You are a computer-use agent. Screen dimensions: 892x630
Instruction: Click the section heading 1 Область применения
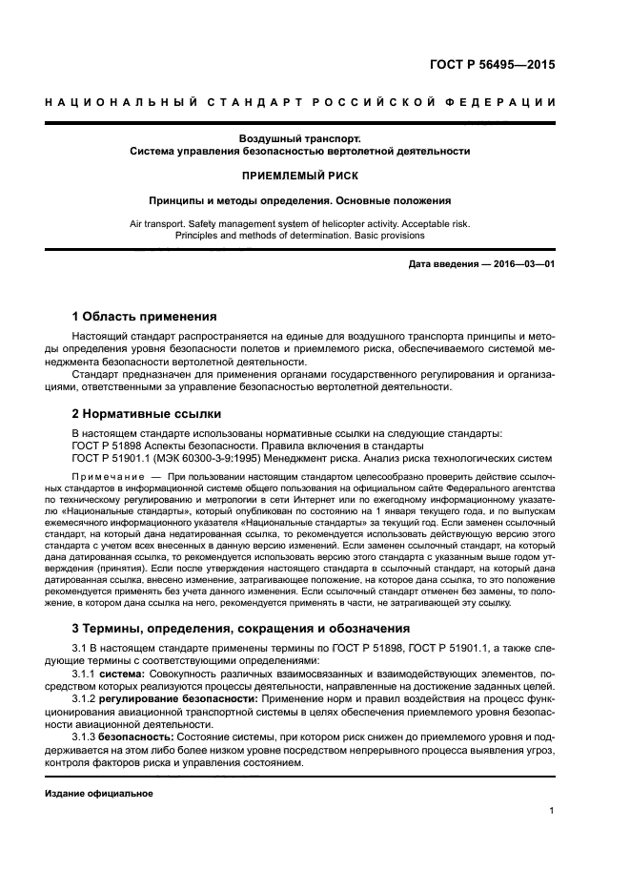tap(144, 316)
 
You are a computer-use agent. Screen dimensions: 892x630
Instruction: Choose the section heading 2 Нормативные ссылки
tap(147, 414)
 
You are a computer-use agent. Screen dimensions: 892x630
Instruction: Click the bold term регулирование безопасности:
tap(177, 697)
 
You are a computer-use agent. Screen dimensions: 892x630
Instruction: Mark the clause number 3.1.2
tap(86, 697)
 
